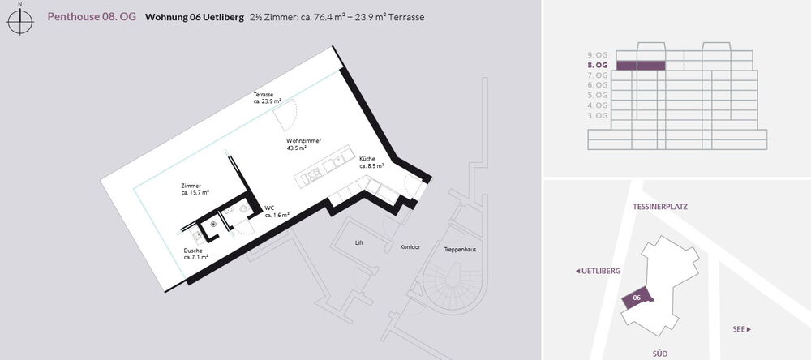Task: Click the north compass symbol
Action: pos(20,21)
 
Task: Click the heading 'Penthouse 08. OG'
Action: pos(92,17)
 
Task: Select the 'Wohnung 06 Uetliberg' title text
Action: pos(195,17)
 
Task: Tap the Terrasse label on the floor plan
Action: pos(267,98)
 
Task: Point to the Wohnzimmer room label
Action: pos(303,144)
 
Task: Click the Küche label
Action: pos(371,162)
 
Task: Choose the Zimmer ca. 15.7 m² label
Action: pos(195,189)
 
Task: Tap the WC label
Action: pos(277,212)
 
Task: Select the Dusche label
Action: pos(196,254)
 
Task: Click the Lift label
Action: pos(359,242)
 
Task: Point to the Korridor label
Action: pos(410,247)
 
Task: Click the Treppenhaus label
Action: pos(460,249)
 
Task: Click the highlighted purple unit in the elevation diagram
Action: pos(641,65)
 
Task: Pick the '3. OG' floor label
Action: pos(598,115)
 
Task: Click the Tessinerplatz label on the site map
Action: pos(660,207)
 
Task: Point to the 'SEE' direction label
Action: pos(742,329)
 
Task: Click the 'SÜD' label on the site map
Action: pos(659,354)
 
